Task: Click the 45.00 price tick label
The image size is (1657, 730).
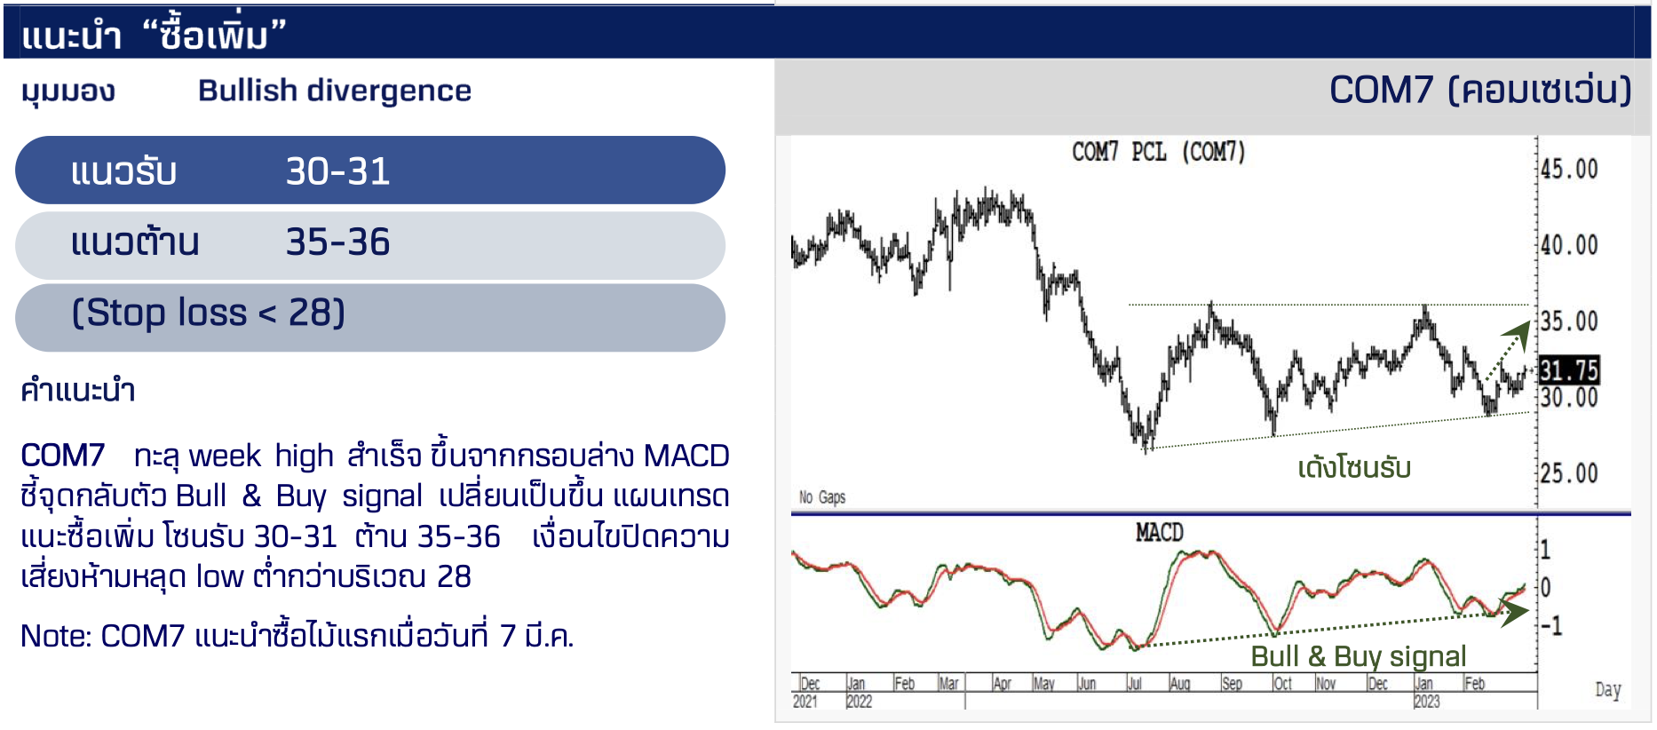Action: tap(1569, 169)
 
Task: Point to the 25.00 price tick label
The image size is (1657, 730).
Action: tap(1569, 473)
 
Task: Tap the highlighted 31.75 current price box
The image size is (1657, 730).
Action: tap(1568, 370)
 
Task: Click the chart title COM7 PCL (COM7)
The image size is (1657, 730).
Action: tap(1159, 153)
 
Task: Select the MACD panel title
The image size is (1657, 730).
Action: tap(1159, 533)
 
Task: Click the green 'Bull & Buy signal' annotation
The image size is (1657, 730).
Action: tap(1358, 656)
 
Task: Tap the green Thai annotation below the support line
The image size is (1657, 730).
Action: tap(1354, 467)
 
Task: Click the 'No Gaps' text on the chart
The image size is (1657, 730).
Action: tap(822, 497)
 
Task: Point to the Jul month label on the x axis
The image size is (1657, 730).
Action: tap(1134, 684)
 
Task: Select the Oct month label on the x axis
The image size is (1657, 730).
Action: tap(1283, 684)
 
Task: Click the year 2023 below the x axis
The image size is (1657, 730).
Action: tap(1426, 702)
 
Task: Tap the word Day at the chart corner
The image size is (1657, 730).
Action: tap(1608, 690)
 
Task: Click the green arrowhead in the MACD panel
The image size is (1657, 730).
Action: tap(1514, 610)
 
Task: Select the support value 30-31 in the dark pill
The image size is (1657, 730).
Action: tap(337, 171)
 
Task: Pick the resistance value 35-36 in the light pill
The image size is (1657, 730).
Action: tap(337, 242)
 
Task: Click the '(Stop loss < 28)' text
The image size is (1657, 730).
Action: tap(209, 313)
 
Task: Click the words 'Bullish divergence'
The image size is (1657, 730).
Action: tap(335, 91)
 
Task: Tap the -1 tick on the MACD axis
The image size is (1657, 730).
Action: tap(1551, 626)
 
